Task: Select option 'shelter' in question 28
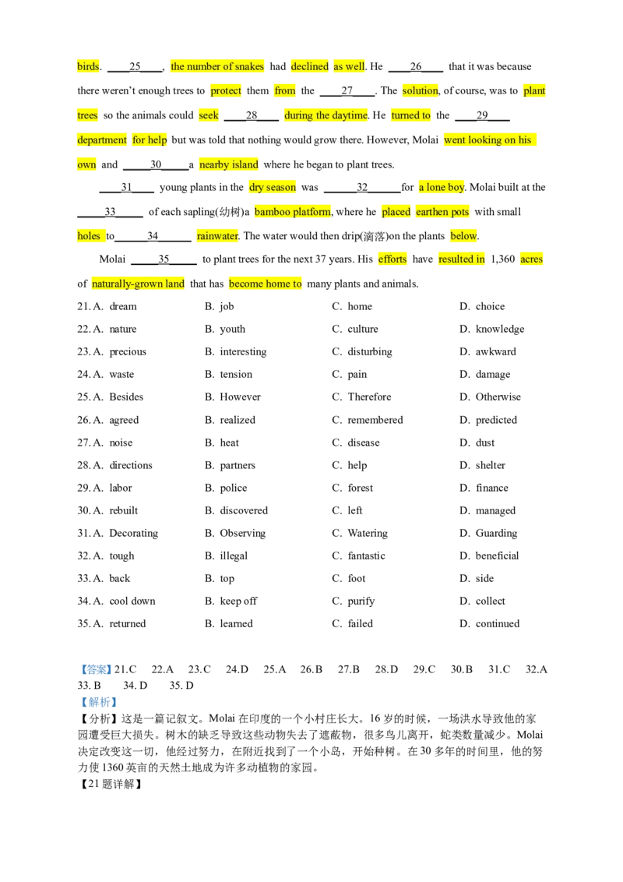[491, 465]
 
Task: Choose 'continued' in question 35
[498, 623]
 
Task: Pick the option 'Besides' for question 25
[126, 397]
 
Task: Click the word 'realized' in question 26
[238, 420]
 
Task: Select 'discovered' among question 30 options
[244, 510]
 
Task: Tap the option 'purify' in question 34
[361, 602]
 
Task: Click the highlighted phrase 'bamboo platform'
[293, 212]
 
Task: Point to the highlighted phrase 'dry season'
[273, 187]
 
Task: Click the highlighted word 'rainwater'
[217, 236]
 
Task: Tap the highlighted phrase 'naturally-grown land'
[139, 284]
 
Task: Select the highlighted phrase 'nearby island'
[229, 165]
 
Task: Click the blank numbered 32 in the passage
[362, 187]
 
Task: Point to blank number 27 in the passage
[347, 90]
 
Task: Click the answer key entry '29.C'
[424, 669]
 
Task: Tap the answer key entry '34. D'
[135, 686]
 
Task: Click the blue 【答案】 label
[96, 669]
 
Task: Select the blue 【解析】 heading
[98, 702]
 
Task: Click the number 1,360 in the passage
[502, 259]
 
